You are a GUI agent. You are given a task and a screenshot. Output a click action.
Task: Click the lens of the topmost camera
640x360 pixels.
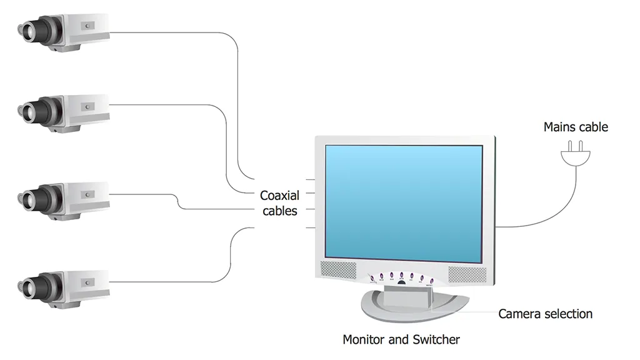click(29, 31)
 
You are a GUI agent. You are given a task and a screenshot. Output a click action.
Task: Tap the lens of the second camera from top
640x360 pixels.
click(29, 111)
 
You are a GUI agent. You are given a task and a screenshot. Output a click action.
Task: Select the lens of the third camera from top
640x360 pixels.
click(29, 199)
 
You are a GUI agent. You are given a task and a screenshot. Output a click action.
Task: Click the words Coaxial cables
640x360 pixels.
click(279, 203)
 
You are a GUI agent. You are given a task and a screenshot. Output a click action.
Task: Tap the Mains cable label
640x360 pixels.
click(576, 127)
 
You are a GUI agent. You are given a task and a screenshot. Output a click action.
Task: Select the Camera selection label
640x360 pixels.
click(545, 314)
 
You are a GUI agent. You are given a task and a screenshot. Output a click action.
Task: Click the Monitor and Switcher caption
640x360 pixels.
click(401, 339)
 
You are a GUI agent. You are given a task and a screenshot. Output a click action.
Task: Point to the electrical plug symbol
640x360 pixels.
click(576, 154)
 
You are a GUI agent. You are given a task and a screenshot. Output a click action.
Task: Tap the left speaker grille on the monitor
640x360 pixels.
click(338, 270)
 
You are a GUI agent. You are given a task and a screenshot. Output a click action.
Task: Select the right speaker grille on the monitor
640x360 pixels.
click(467, 275)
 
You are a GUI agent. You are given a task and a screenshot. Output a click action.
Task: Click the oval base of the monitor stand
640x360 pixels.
click(415, 306)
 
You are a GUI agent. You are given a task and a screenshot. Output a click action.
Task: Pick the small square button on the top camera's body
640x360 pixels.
click(87, 26)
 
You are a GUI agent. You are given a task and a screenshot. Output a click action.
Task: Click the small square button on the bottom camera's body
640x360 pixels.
click(87, 282)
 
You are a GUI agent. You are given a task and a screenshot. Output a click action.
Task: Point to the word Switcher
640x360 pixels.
click(436, 339)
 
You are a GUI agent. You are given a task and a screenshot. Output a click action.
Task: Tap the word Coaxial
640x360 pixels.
click(279, 196)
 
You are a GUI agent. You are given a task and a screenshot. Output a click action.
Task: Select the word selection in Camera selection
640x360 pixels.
click(569, 314)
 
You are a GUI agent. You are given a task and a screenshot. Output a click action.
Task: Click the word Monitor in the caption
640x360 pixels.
click(363, 339)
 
